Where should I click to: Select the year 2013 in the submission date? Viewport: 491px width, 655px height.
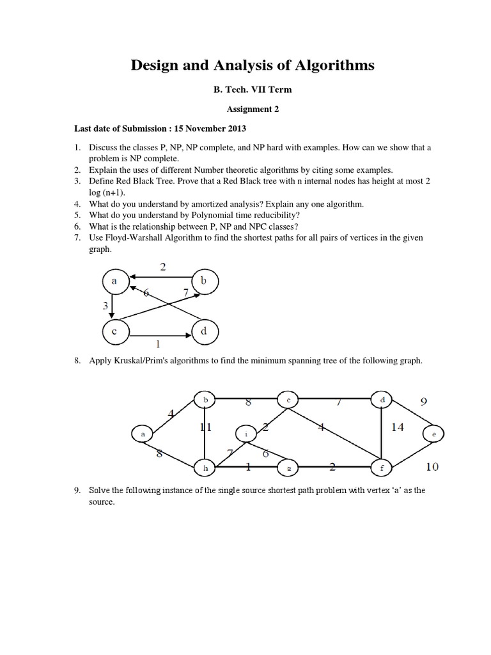236,128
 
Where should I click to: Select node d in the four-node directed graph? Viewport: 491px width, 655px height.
204,332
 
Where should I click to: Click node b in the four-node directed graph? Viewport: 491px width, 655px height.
204,281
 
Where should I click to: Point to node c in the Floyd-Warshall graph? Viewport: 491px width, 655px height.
114,332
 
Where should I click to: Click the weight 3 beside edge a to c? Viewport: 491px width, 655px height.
105,306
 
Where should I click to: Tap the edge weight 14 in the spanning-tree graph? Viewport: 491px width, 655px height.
398,427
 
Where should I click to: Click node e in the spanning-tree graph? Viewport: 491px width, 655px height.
433,434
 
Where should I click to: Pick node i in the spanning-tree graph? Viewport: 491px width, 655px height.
247,434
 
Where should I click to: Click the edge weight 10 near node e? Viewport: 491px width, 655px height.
432,467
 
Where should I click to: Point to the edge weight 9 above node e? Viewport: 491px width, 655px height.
423,402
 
